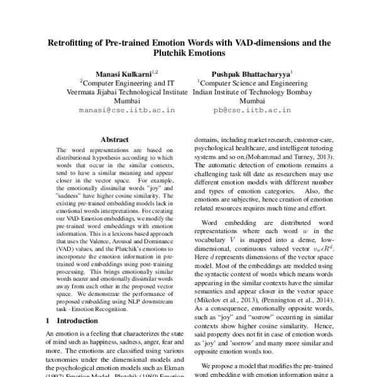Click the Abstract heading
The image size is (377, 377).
(x=114, y=140)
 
